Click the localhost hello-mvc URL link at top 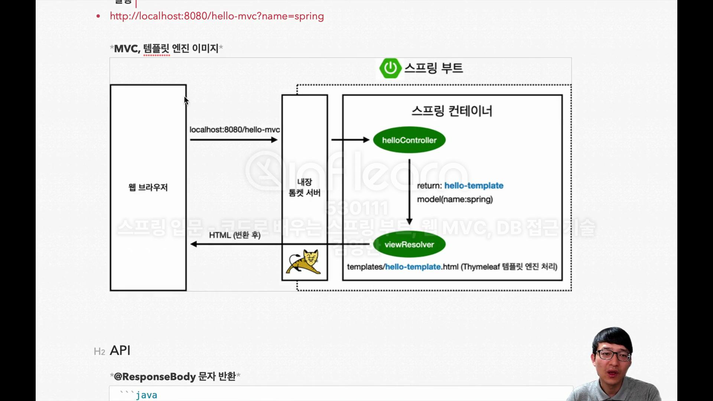coord(216,16)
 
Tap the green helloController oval coord(409,140)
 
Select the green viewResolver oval coord(409,244)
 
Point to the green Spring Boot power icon coord(390,68)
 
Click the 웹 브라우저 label coord(148,187)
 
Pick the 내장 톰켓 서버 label coord(305,187)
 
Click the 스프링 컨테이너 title coord(452,111)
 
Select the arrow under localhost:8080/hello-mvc coord(234,140)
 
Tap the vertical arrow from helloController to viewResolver coord(409,192)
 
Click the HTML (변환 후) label coord(235,235)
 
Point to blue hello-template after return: coord(474,186)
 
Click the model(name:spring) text coord(455,199)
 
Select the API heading coord(120,351)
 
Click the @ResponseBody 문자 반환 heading coord(175,376)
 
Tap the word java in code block coord(146,395)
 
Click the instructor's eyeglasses coord(613,355)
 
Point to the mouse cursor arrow coord(186,101)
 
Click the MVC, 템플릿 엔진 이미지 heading coord(166,48)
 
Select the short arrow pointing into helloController coord(350,140)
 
